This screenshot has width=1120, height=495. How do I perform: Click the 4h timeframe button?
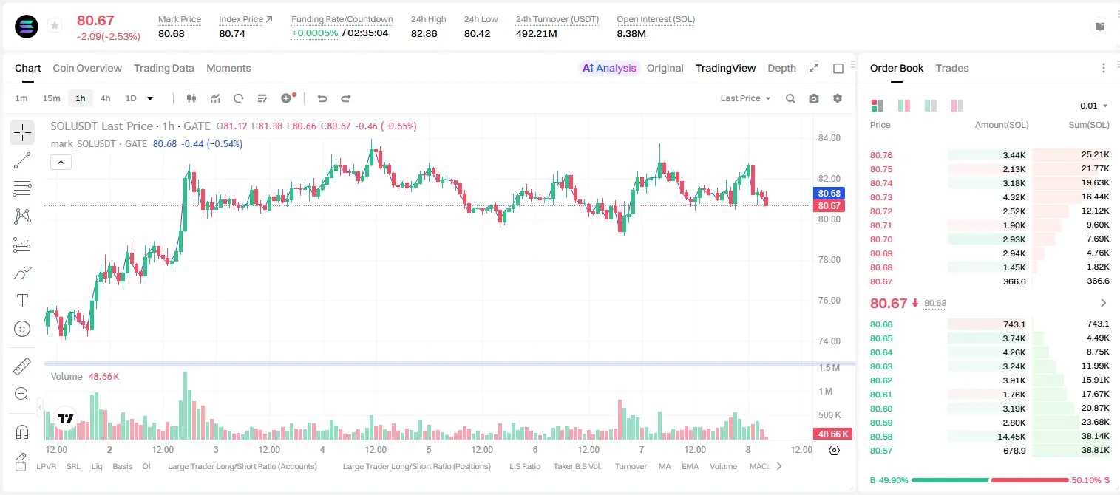(x=105, y=98)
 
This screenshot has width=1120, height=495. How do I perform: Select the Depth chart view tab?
(x=781, y=69)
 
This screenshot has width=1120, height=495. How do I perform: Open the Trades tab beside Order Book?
(x=952, y=69)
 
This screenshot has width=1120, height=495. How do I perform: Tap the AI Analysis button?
(x=609, y=69)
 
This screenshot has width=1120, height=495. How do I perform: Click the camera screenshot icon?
(x=814, y=98)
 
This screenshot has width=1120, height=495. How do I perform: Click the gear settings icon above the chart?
(x=838, y=98)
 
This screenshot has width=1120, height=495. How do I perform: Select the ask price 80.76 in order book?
(x=881, y=155)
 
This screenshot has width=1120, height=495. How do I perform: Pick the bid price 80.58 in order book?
(x=881, y=437)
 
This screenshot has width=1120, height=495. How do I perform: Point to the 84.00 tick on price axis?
(x=829, y=138)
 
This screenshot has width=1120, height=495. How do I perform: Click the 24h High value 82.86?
(x=424, y=33)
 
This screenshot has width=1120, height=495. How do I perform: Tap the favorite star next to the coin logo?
(x=55, y=25)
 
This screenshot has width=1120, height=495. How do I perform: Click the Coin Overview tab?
(x=87, y=69)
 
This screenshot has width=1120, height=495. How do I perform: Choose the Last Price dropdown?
(x=745, y=98)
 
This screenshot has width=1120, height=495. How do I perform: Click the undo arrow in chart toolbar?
(x=322, y=98)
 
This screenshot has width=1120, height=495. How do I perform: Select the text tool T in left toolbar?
(x=22, y=301)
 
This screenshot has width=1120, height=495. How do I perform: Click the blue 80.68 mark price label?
(x=829, y=194)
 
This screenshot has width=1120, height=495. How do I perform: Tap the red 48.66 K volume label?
(x=833, y=434)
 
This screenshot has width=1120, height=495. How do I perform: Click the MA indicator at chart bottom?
(x=665, y=466)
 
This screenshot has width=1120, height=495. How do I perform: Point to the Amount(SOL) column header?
(x=1002, y=125)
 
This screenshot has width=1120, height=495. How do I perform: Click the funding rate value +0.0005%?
(x=315, y=33)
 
